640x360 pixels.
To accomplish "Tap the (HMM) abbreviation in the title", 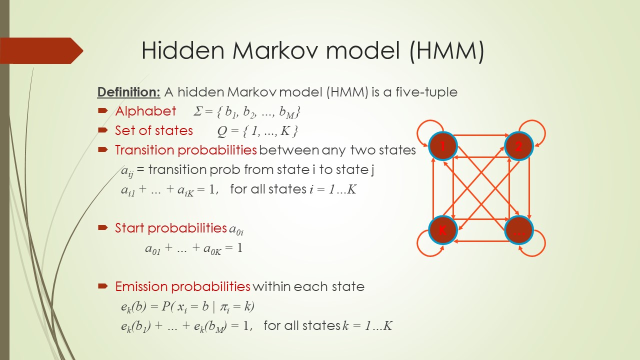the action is point(447,50).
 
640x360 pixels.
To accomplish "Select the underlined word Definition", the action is point(128,92).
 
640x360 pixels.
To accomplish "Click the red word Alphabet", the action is point(145,111).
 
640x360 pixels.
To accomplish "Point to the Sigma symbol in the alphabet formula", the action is point(197,111).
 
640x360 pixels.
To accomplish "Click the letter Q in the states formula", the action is point(222,131).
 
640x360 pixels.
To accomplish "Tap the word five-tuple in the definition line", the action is point(426,92).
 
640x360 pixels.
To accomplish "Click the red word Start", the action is point(129,228).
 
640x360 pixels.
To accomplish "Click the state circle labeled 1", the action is point(443,146).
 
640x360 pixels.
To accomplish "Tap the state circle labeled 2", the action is point(519,146).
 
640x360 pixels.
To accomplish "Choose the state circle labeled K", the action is point(443,230).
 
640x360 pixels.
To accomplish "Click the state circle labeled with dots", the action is point(519,230).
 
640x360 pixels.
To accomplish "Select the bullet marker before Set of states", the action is point(102,130).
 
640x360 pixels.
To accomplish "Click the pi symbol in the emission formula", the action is point(223,307).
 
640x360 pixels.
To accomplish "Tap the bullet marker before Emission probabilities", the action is point(102,286).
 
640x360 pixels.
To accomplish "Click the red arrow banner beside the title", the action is point(41,50).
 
